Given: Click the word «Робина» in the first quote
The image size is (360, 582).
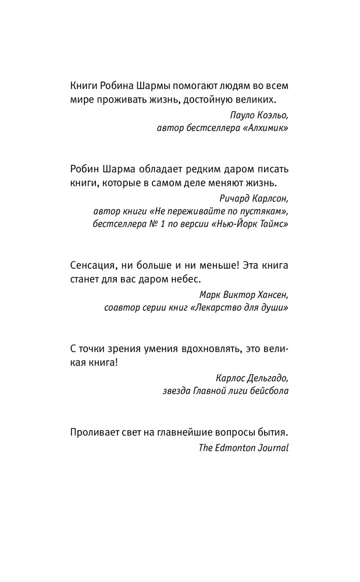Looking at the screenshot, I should pyautogui.click(x=119, y=85).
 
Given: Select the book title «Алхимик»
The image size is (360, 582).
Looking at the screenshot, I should pyautogui.click(x=265, y=128).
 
